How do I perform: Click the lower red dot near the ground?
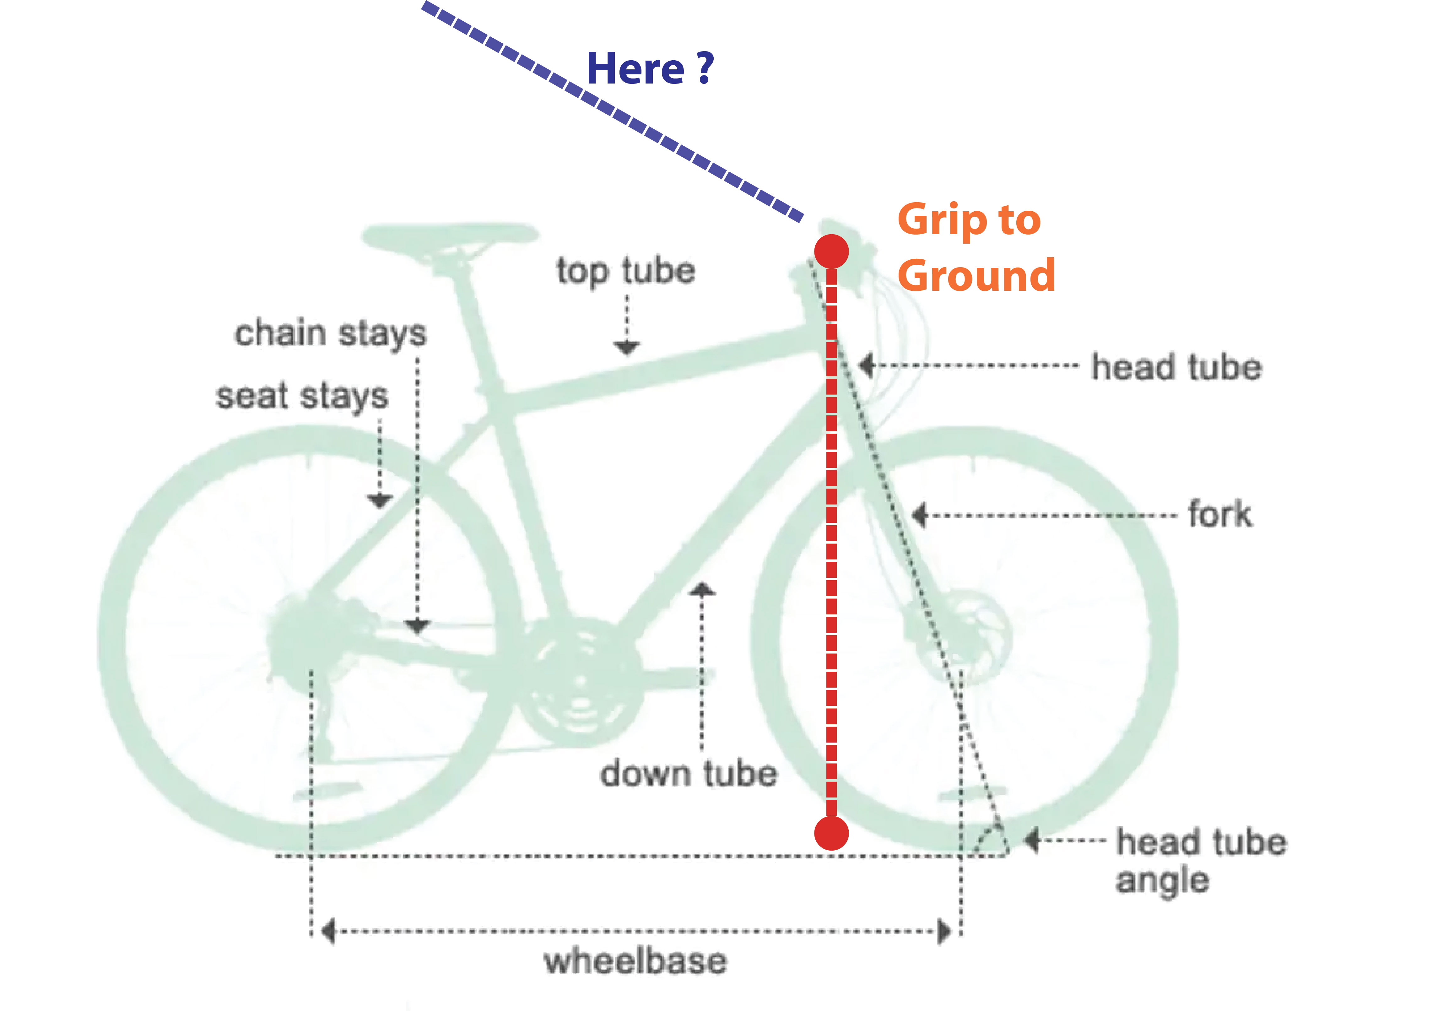coord(831,833)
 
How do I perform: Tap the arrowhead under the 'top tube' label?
coord(626,348)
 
